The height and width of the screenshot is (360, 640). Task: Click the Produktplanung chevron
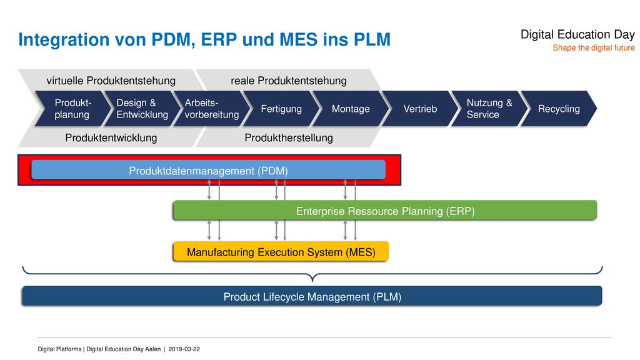click(72, 109)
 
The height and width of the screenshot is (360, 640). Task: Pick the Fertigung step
click(281, 109)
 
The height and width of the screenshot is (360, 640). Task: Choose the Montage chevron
click(350, 109)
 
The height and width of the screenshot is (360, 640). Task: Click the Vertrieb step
click(419, 109)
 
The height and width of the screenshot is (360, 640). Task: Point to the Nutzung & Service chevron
click(489, 109)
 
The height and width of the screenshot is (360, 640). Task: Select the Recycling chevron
click(558, 109)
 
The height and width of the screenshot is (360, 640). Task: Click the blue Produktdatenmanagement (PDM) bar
click(208, 170)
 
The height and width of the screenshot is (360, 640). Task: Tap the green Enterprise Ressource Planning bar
click(385, 211)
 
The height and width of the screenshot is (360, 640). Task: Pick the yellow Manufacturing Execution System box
click(281, 251)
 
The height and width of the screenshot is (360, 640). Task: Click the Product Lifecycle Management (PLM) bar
click(312, 296)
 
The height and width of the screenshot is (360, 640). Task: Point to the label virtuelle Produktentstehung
click(111, 81)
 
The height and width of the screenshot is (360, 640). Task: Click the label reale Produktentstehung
click(289, 81)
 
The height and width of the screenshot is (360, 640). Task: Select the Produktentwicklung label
click(111, 138)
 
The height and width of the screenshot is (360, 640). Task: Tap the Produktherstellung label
click(289, 138)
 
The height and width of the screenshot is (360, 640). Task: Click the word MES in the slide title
click(298, 39)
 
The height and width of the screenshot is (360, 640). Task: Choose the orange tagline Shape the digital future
click(594, 47)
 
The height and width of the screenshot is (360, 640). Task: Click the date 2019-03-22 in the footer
click(184, 349)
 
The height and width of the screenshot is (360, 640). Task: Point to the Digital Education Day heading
click(577, 34)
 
